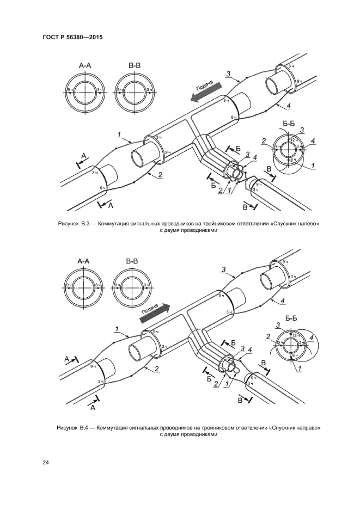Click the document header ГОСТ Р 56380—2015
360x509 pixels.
(72, 38)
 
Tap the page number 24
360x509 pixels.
(46, 462)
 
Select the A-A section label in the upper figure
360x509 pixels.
(86, 66)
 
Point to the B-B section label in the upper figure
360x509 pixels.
(135, 66)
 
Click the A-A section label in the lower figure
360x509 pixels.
(83, 262)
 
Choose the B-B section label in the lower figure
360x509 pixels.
(132, 262)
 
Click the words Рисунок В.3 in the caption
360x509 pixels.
(76, 224)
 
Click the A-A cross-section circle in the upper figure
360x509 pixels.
(85, 91)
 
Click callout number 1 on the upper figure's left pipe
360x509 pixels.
(118, 134)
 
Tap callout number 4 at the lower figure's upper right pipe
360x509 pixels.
(283, 301)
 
